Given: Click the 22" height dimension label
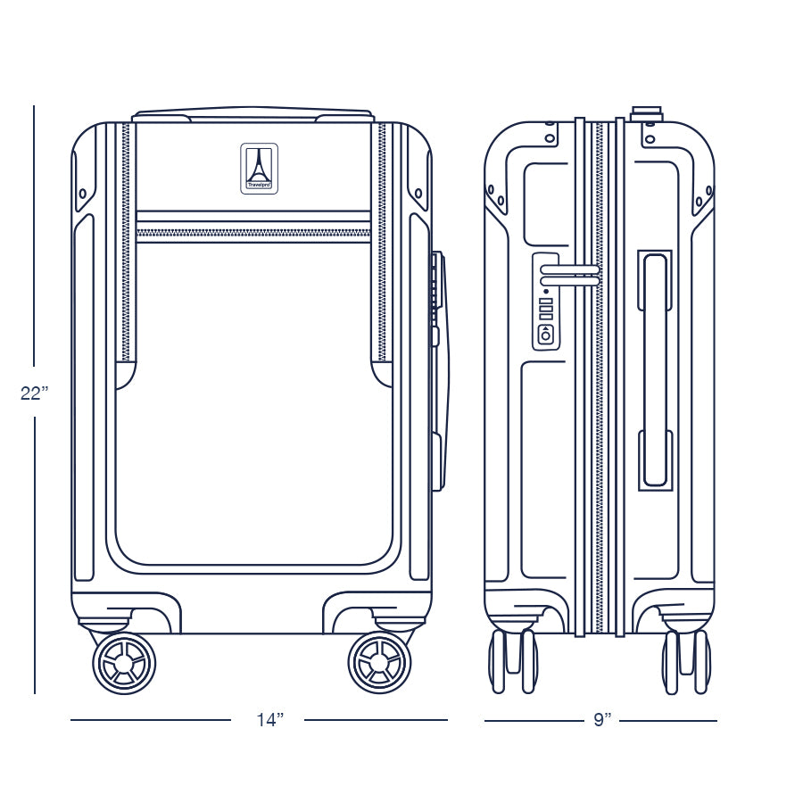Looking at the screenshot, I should coord(34,393).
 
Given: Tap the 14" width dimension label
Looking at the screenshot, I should coord(268,720).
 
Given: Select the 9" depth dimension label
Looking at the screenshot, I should coord(603,720).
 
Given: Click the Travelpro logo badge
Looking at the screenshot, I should coord(259,168).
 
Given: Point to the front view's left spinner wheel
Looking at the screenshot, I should coord(124,663).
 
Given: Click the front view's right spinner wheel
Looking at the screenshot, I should coord(379,663).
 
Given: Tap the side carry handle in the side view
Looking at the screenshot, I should coord(655,369).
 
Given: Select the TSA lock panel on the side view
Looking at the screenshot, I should coord(545,302).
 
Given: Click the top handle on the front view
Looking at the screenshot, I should coord(252,114).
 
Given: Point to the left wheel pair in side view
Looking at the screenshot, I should coord(512,660).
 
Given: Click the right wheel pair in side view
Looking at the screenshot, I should coord(686,660).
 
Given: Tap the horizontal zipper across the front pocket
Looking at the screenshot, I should coord(252,234).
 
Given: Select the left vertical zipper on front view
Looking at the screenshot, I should coord(127,241).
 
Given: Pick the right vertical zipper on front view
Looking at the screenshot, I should coord(383,241).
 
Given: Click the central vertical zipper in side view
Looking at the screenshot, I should coord(599,375).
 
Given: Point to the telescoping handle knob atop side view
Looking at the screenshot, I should coord(646,113).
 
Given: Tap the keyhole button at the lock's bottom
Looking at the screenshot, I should coord(545,335).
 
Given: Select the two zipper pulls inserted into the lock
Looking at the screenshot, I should coord(571,275).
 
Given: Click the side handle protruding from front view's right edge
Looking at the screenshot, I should coord(438,370).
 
